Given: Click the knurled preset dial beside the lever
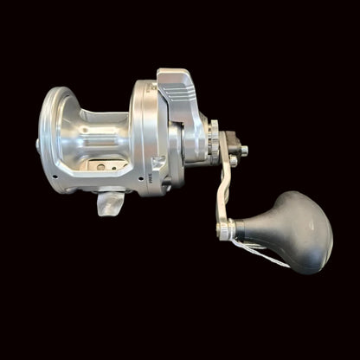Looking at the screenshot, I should pyautogui.click(x=212, y=140).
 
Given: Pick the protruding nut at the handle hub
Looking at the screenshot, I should pyautogui.click(x=243, y=151).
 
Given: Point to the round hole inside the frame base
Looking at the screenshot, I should pyautogui.click(x=101, y=166).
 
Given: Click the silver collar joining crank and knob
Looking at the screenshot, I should pyautogui.click(x=227, y=230).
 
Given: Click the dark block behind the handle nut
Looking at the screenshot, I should pyautogui.click(x=231, y=143).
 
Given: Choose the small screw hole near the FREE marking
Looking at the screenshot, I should pyautogui.click(x=157, y=165).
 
